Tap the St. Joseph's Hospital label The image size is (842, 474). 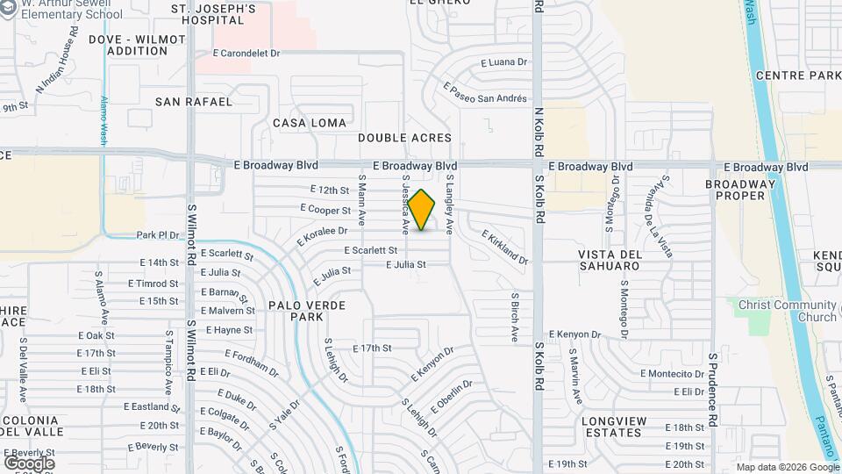[213, 15]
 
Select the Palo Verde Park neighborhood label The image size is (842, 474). [306, 311]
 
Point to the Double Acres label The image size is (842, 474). [404, 138]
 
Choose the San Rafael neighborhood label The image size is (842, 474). [194, 102]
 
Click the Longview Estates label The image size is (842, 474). [623, 426]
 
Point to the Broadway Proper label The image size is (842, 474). [741, 190]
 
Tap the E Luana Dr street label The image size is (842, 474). [504, 62]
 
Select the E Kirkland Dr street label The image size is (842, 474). [505, 247]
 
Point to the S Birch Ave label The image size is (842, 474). [516, 317]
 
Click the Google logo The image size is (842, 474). [29, 463]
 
